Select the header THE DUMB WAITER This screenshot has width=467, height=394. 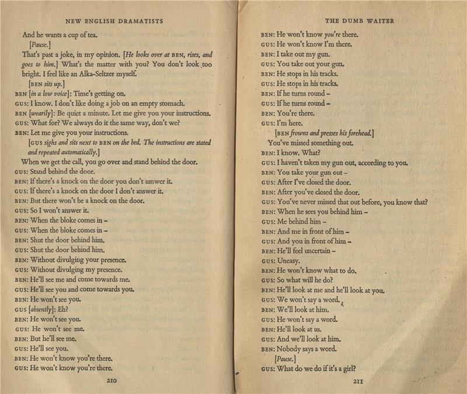pos(359,21)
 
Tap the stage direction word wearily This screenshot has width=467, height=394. pos(43,113)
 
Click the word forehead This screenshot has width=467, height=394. pos(358,133)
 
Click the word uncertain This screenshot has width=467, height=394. pos(312,251)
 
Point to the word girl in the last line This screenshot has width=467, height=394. pos(348,368)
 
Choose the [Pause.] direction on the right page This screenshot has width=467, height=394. pos(285,358)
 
